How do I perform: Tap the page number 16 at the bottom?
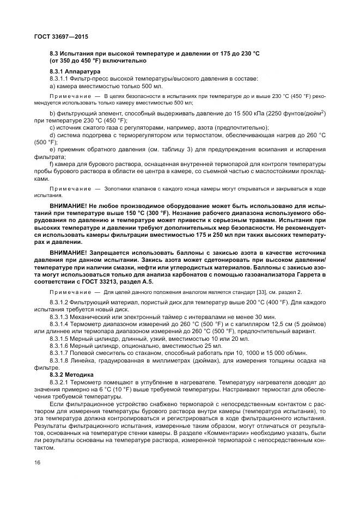click(x=37, y=462)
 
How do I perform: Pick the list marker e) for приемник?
click(x=52, y=149)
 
